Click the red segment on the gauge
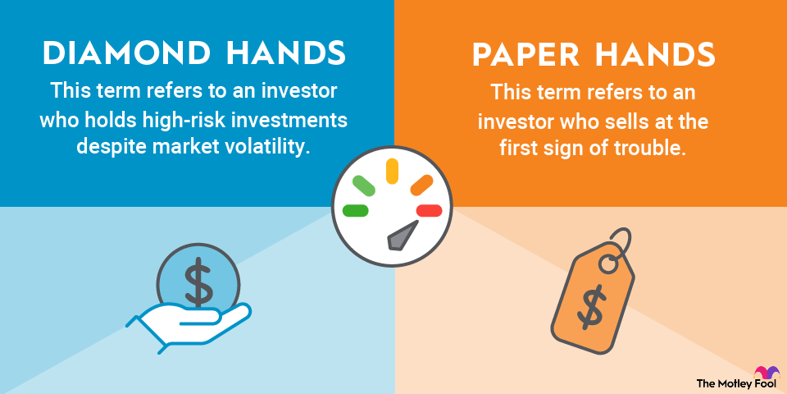click(x=429, y=211)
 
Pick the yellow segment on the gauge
click(x=392, y=171)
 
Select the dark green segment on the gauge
click(x=355, y=211)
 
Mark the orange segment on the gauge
click(x=421, y=185)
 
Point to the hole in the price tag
click(x=609, y=264)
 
